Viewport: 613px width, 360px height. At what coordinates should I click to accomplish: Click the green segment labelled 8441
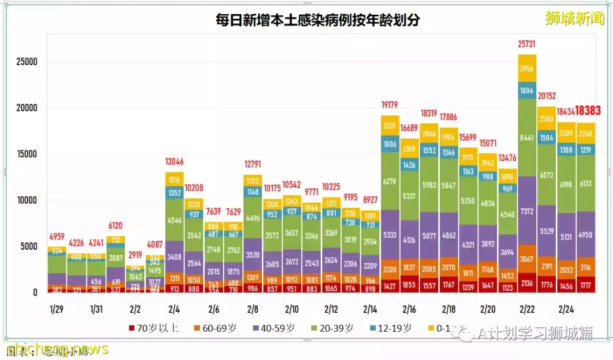click(x=527, y=136)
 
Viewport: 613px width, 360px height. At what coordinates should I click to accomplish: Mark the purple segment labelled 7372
click(x=527, y=211)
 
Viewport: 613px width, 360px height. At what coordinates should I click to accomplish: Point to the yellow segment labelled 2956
click(x=527, y=69)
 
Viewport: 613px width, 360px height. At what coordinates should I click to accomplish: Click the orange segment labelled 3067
click(x=527, y=259)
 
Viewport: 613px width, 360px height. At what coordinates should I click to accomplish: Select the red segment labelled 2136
click(x=527, y=283)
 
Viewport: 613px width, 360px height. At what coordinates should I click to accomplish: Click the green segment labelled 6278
click(x=390, y=181)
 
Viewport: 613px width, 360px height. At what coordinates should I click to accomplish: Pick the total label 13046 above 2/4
click(x=174, y=161)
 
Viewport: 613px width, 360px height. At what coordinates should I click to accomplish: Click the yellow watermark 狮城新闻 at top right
click(x=574, y=19)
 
